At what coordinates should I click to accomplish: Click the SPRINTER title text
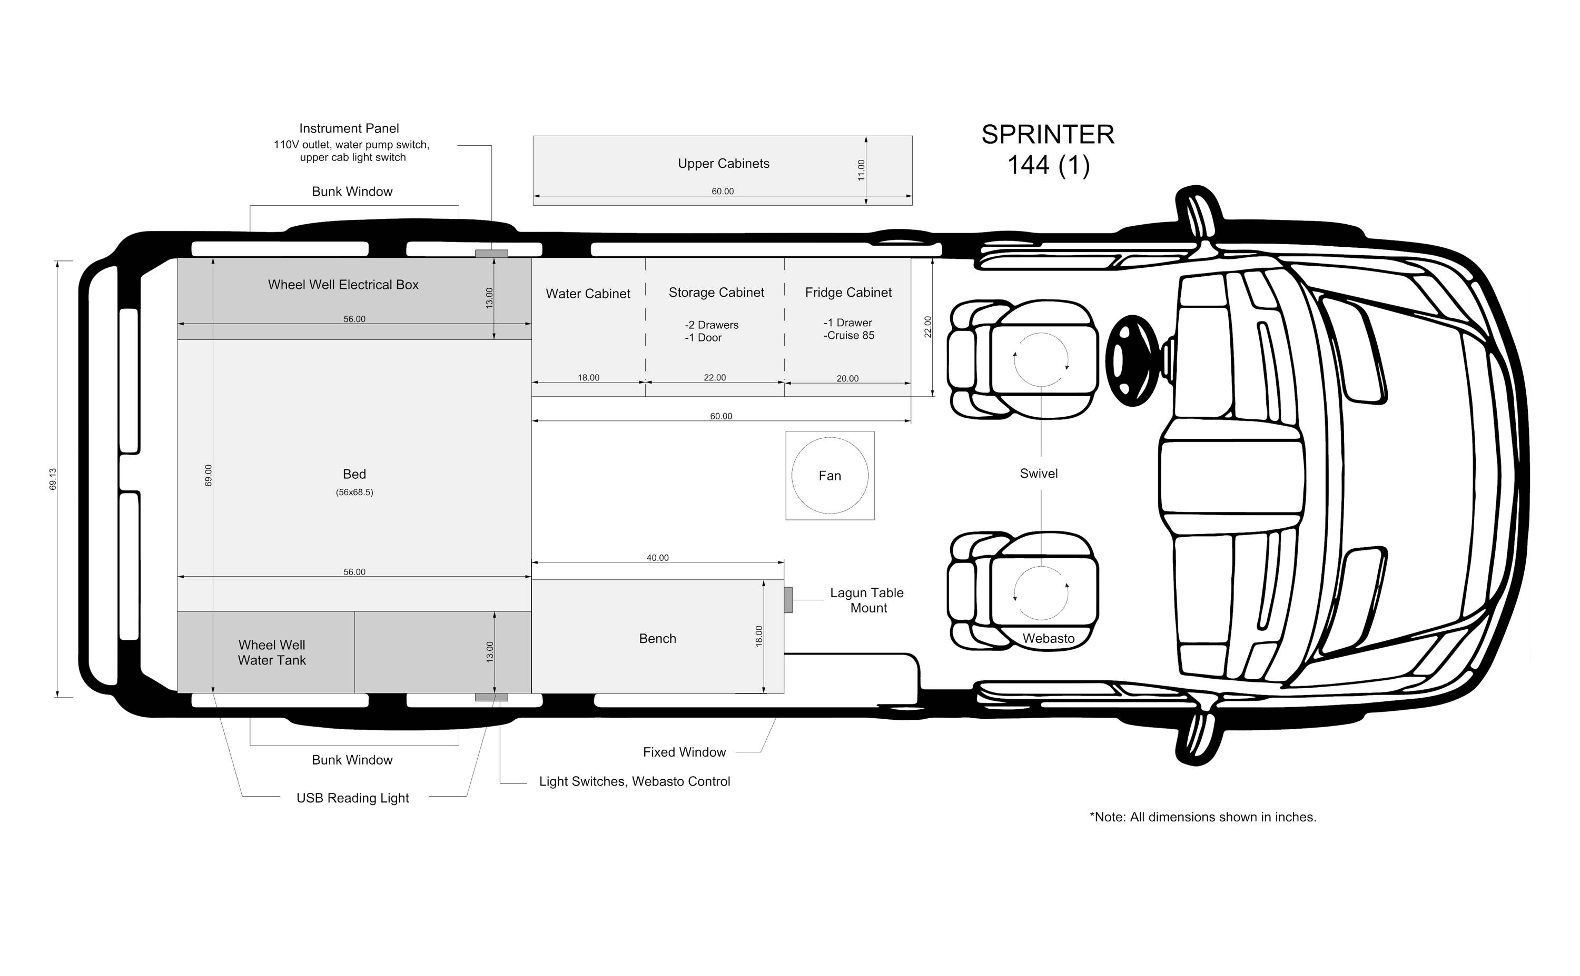[x=1048, y=134]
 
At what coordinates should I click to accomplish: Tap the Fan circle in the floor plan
[x=830, y=438]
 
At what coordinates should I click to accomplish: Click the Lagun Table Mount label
[x=867, y=600]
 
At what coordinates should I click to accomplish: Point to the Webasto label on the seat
[x=1049, y=638]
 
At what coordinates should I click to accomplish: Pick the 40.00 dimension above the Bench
[x=658, y=558]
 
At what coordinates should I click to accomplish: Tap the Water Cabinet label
[x=588, y=294]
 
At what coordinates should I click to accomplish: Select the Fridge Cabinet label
[x=848, y=293]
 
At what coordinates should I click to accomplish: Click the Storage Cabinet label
[x=716, y=293]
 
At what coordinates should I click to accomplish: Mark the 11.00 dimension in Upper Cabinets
[x=861, y=170]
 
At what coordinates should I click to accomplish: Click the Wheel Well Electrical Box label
[x=343, y=285]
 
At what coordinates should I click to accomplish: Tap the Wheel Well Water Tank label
[x=272, y=652]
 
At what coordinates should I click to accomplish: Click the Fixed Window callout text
[x=684, y=752]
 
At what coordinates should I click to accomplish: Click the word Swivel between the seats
[x=1039, y=474]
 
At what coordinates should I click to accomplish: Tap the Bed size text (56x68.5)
[x=354, y=492]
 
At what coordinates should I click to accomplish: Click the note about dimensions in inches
[x=1203, y=817]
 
